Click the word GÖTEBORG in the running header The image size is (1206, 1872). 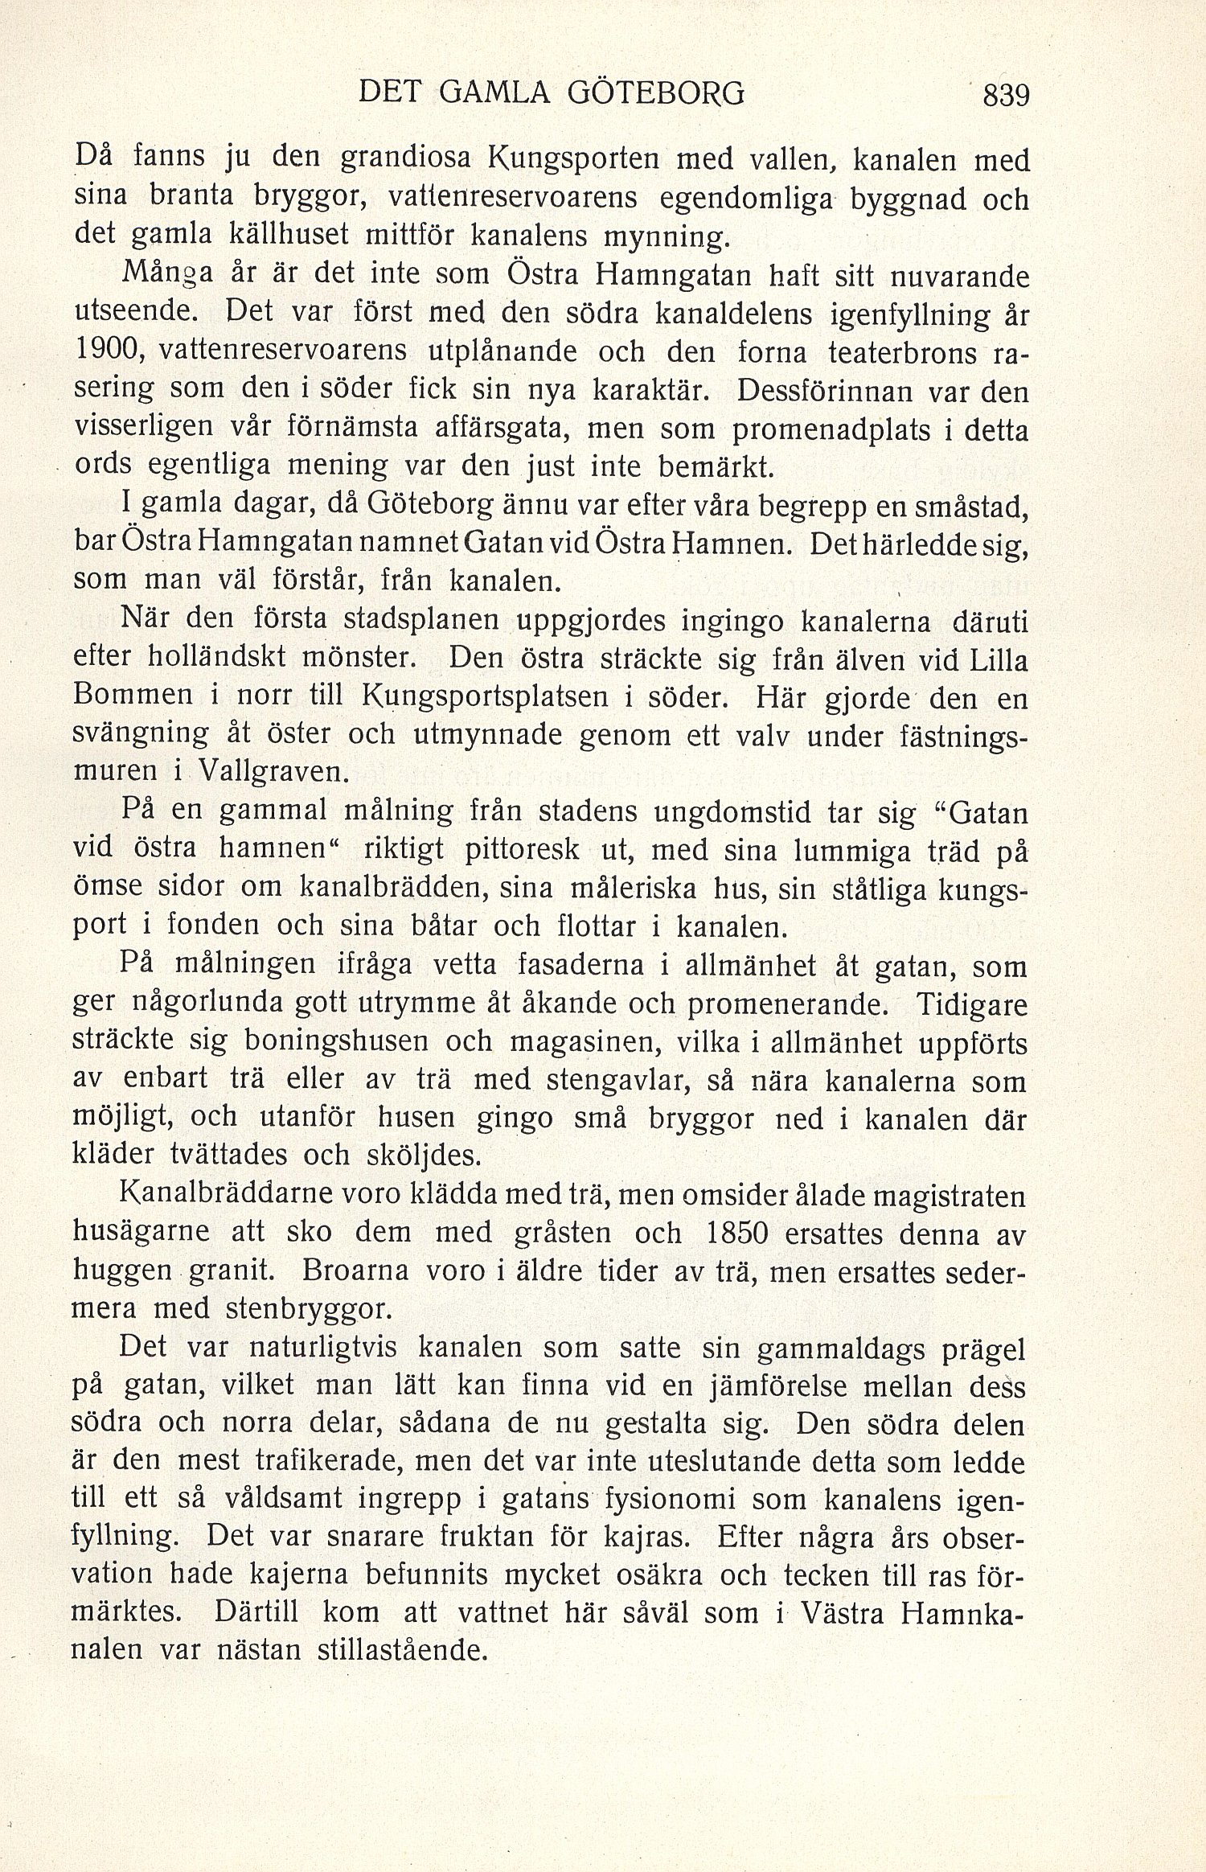tap(656, 94)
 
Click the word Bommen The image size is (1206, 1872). tap(133, 696)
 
